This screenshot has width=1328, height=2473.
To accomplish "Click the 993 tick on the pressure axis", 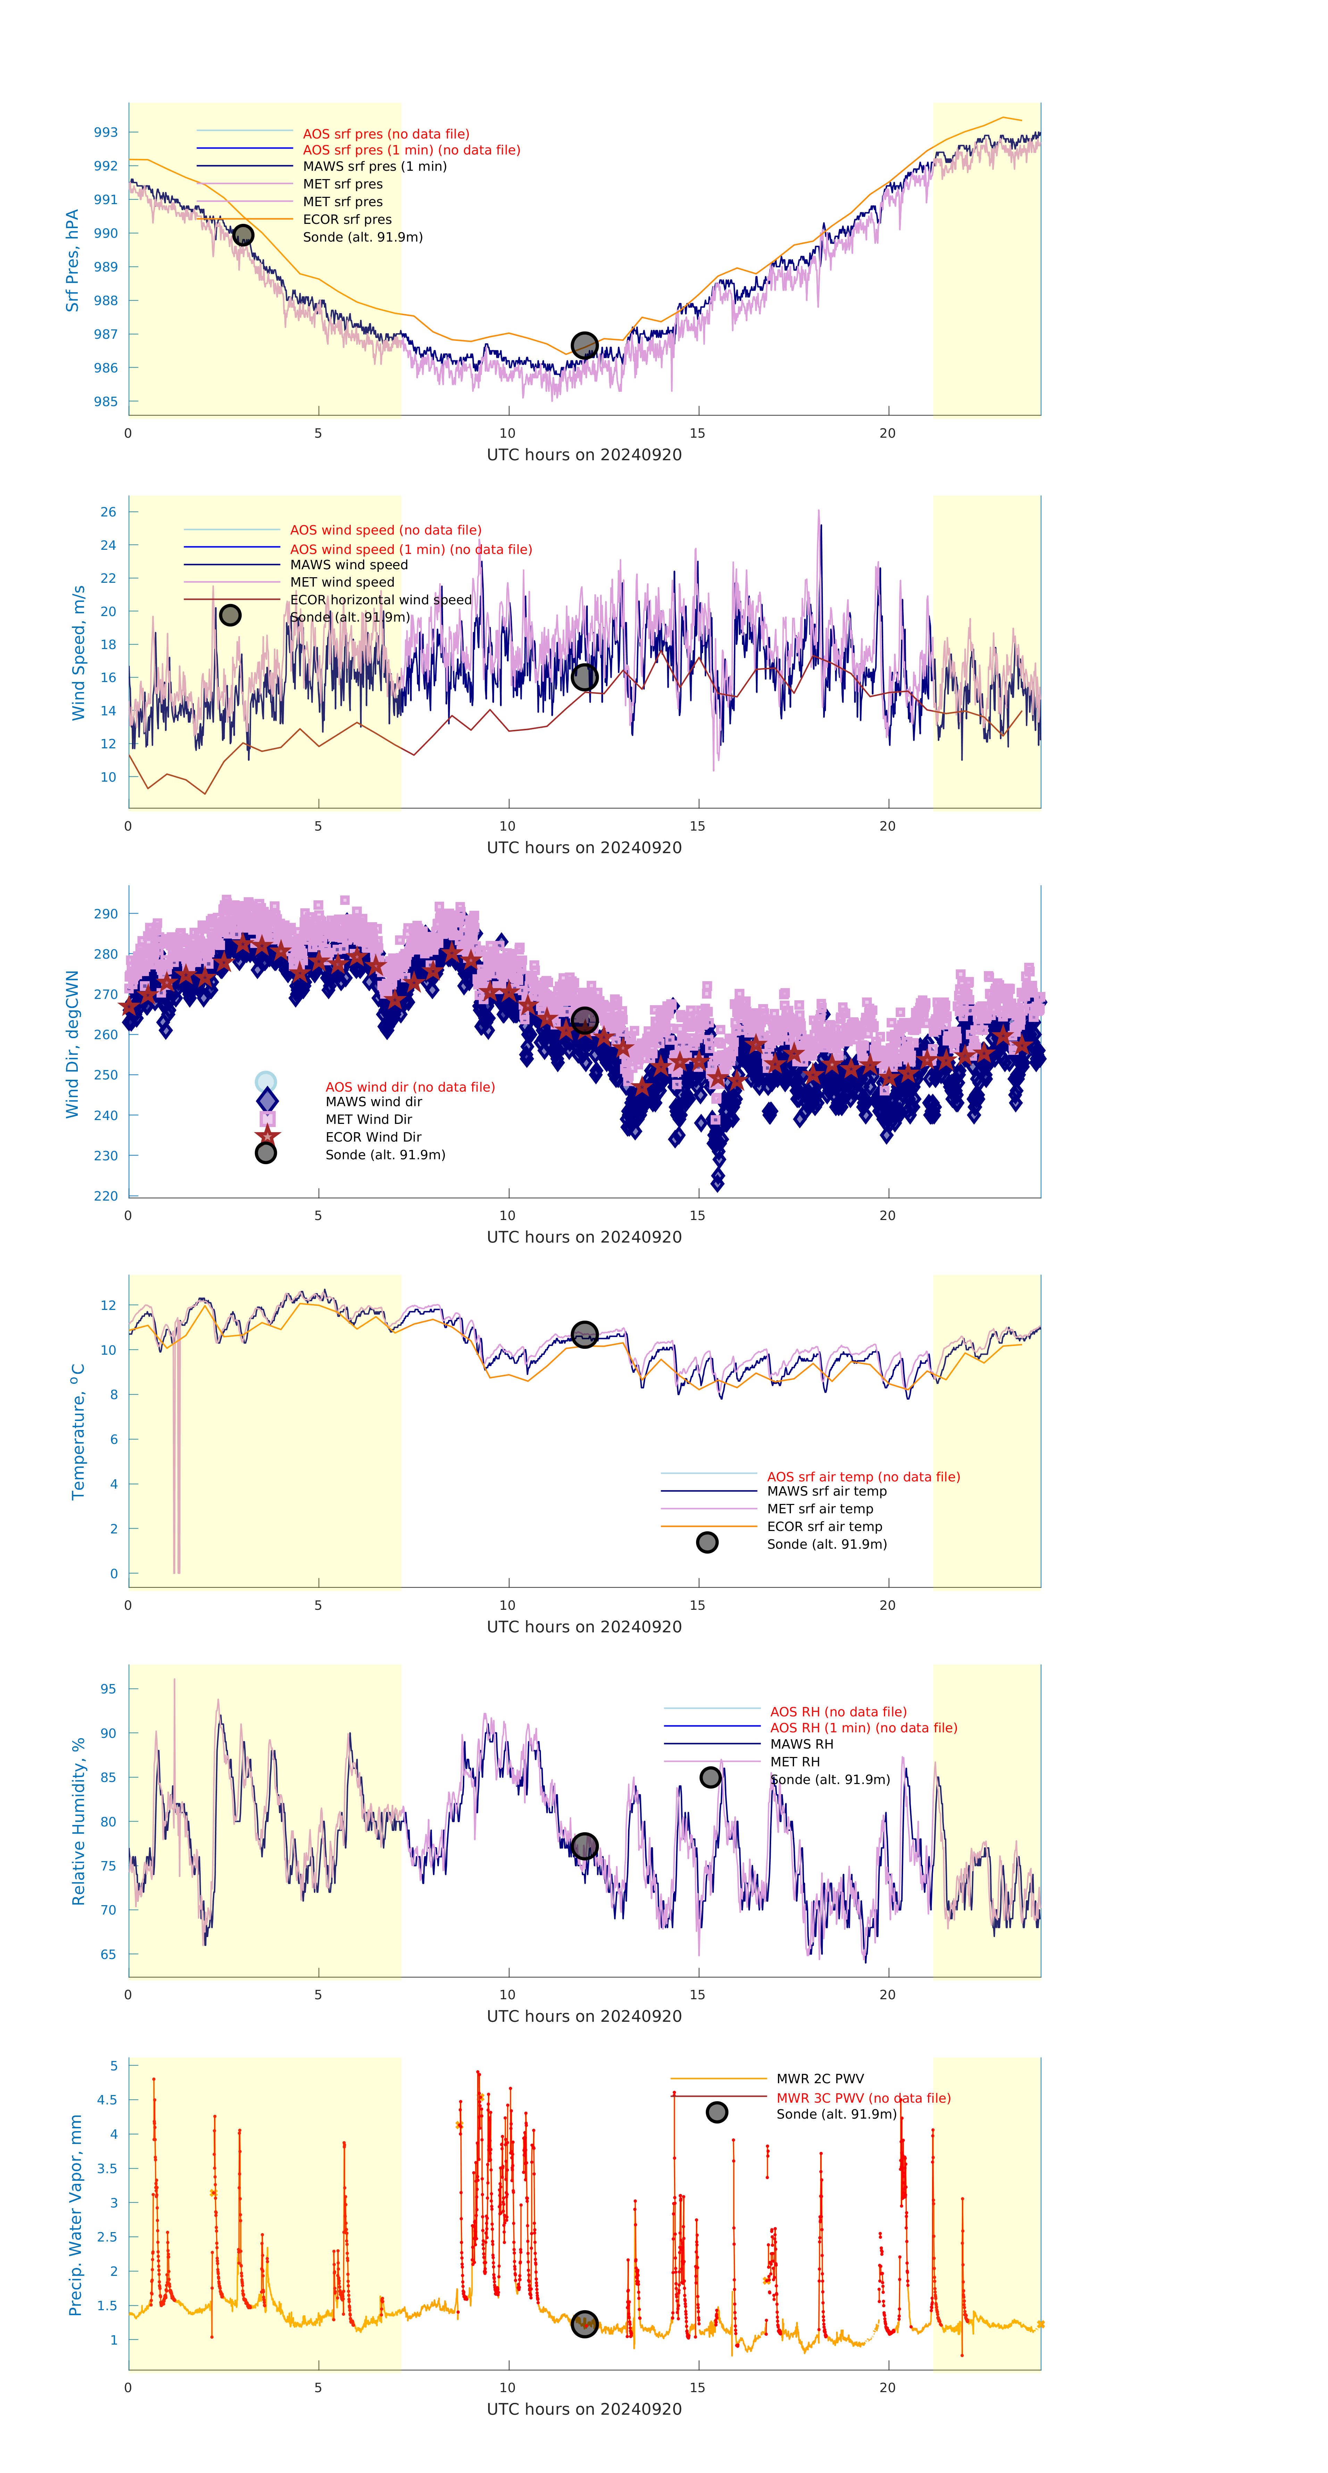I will tap(106, 133).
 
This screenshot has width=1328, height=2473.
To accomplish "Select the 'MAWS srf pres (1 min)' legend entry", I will tap(375, 166).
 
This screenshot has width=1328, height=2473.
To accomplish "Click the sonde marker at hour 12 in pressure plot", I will tap(584, 346).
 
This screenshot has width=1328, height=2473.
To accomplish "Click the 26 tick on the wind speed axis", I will tap(109, 512).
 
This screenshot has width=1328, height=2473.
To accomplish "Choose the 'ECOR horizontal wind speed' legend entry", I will tap(380, 600).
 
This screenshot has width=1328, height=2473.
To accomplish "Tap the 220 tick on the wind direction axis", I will tap(106, 1196).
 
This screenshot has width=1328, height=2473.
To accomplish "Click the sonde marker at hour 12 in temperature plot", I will tap(584, 1335).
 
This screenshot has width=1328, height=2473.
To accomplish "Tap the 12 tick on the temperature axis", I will tap(109, 1306).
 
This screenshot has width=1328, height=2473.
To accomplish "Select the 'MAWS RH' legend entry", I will tap(801, 1744).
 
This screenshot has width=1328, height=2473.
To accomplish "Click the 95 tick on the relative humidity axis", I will tap(109, 1689).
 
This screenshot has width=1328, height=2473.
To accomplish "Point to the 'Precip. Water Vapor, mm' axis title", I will tap(76, 2215).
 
